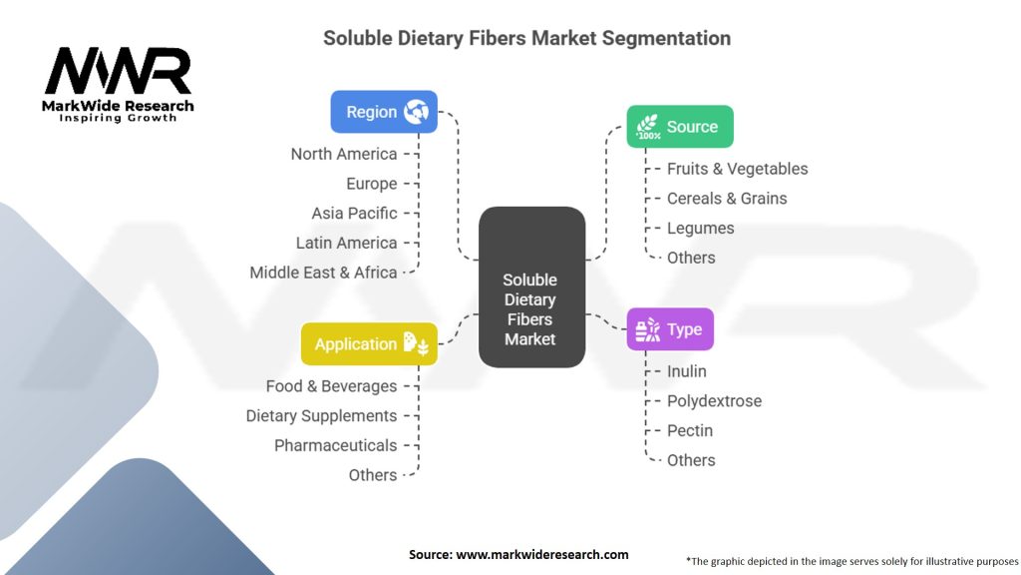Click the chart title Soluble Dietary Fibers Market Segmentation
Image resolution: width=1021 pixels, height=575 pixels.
[x=526, y=39]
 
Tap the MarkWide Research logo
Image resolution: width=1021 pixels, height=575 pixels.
[x=118, y=86]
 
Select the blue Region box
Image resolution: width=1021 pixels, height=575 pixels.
[x=384, y=112]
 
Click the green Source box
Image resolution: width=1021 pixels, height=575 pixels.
[x=680, y=127]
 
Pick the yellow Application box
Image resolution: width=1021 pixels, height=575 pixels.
[x=369, y=344]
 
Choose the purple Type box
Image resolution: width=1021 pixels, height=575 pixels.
[x=670, y=329]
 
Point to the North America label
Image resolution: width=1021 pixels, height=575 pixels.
[x=344, y=154]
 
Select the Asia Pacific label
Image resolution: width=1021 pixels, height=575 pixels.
[x=354, y=213]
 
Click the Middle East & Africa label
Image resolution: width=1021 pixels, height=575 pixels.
[x=323, y=273]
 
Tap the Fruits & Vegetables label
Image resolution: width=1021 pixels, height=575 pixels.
[x=738, y=169]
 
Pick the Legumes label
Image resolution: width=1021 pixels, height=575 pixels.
[x=701, y=228]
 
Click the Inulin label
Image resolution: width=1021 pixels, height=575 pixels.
[x=687, y=371]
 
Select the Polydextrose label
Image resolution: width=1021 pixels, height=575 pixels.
[x=714, y=401]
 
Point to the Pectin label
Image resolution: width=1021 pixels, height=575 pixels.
[x=690, y=430]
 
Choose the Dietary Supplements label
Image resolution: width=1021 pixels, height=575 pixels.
[x=321, y=415]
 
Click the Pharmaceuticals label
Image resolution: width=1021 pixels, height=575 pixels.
[x=336, y=445]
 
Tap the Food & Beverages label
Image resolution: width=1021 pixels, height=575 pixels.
[x=331, y=386]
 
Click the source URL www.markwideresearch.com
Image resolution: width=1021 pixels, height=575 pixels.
[x=542, y=554]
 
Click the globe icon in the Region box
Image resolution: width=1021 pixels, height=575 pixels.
[x=416, y=112]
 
